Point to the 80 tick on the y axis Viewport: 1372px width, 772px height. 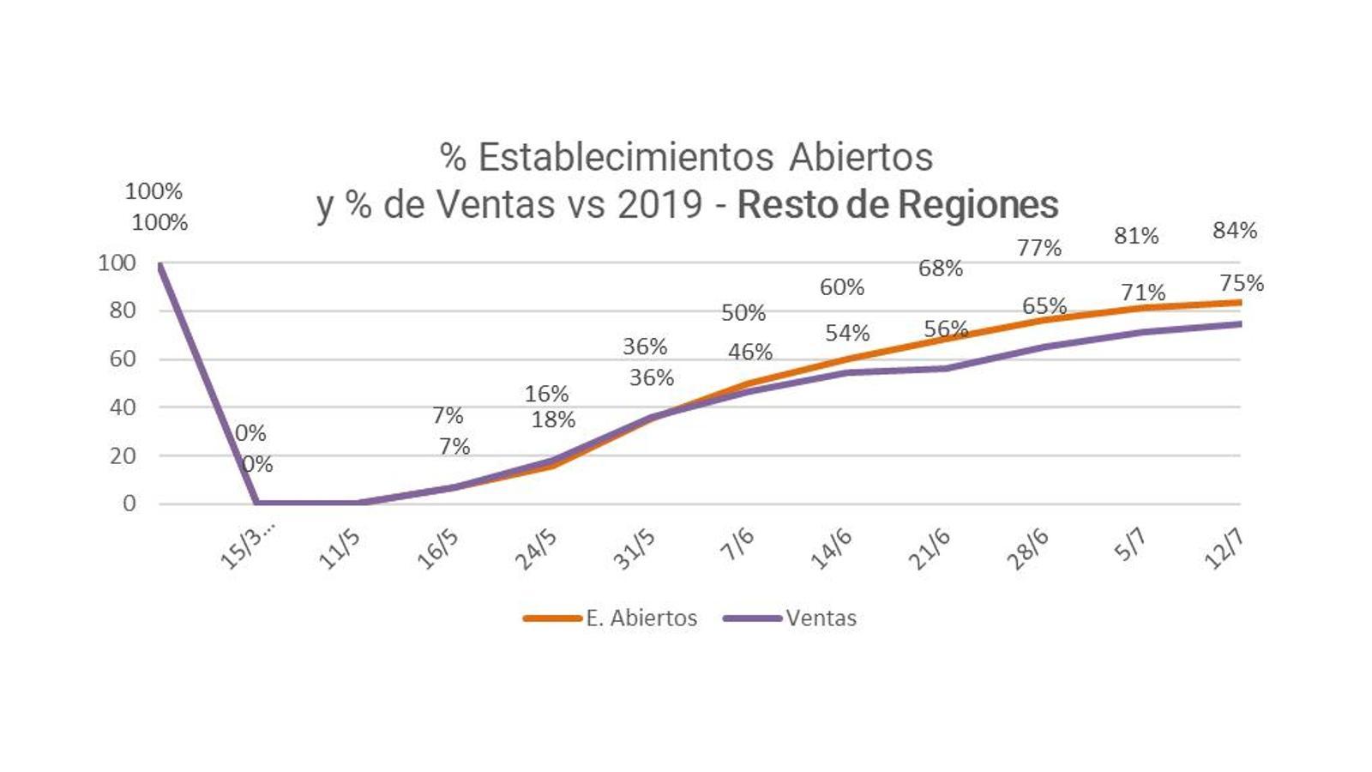coord(123,311)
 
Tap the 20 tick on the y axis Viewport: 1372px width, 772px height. coord(123,455)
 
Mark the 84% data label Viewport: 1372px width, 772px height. coord(1235,230)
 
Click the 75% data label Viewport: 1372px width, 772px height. coord(1242,282)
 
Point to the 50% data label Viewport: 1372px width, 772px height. coord(743,313)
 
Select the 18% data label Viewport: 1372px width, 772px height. coord(553,419)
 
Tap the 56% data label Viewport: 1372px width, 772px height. coord(946,329)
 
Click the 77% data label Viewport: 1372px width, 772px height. coord(1039,248)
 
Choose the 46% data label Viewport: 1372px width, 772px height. coord(750,352)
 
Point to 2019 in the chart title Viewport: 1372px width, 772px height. coord(660,204)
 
